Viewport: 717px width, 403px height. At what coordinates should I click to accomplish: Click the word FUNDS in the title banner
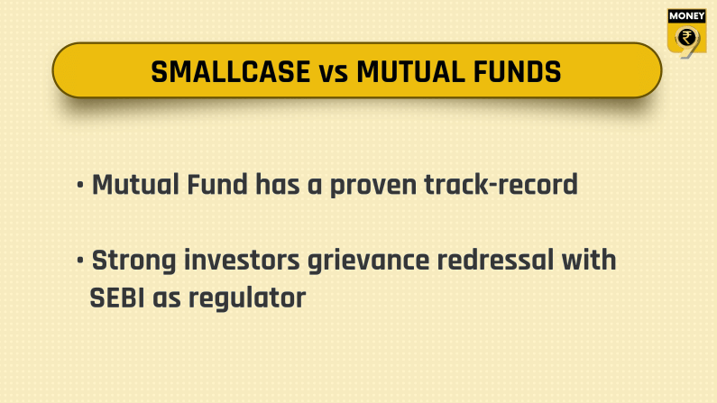[511, 71]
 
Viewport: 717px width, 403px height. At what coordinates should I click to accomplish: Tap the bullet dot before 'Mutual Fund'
[81, 187]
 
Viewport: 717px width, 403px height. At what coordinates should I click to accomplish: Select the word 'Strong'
[134, 261]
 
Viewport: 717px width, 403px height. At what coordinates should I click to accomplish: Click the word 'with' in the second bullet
[587, 261]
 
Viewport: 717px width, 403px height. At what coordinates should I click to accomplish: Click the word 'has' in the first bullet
[279, 186]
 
